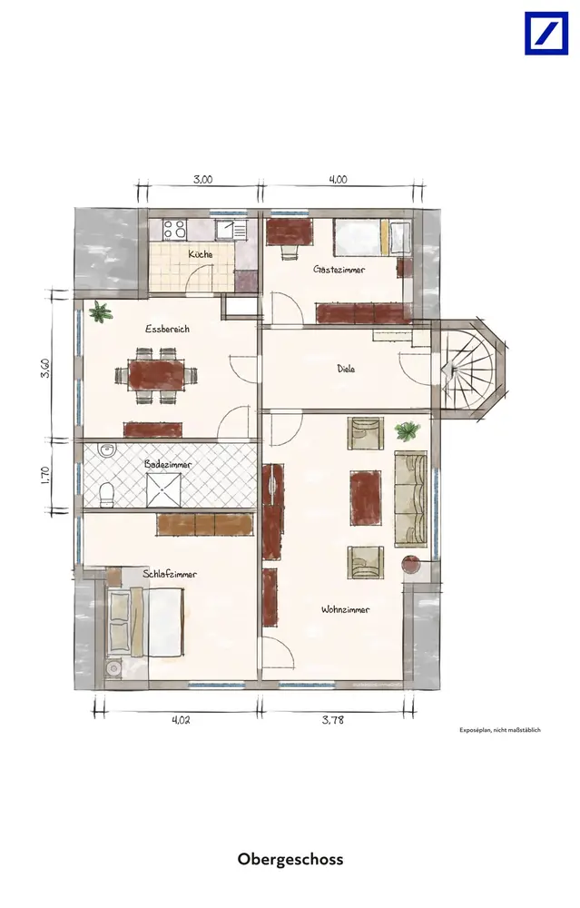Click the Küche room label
[201, 254]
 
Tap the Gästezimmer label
[339, 270]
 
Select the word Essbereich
[167, 329]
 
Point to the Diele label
[346, 369]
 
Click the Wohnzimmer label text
[346, 609]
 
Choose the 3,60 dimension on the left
[45, 369]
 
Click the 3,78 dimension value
[333, 720]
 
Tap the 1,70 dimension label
[46, 475]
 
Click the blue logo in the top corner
[546, 34]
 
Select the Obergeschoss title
[290, 859]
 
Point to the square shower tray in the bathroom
[163, 490]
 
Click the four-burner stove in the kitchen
[174, 229]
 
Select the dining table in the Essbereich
[156, 375]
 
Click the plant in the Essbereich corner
[100, 312]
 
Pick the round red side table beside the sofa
[410, 564]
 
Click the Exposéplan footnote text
[500, 730]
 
